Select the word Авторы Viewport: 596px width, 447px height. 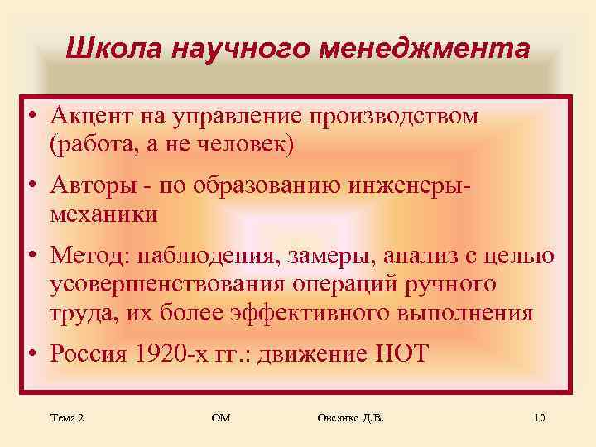89,185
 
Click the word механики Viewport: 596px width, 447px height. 103,214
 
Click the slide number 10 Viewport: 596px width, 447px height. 540,419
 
